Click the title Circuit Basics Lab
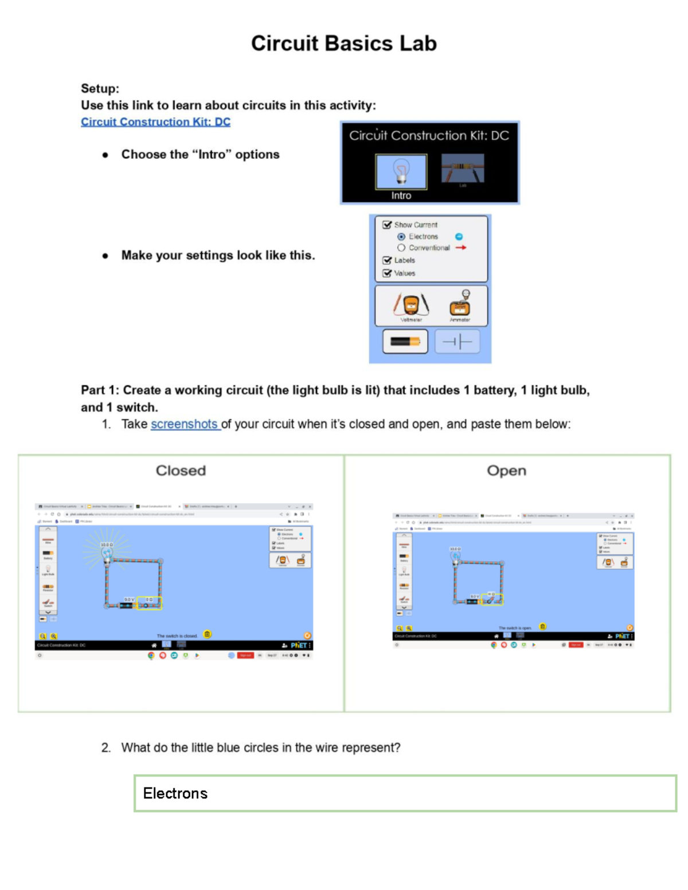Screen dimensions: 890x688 344,44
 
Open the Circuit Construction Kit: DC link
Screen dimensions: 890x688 155,122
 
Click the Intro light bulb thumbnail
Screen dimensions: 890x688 401,171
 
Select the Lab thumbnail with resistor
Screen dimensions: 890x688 463,168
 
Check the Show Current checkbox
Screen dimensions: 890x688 387,225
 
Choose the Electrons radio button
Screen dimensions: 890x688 401,237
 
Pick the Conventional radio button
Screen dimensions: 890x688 401,248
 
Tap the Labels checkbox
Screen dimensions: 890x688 387,260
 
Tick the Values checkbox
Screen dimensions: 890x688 387,273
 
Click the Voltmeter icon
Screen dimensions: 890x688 411,305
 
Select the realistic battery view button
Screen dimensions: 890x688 405,342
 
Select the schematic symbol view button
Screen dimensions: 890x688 457,342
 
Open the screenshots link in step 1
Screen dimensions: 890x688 185,424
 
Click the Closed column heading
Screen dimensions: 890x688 181,471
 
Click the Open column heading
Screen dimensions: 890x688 506,471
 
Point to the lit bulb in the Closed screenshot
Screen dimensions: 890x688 107,554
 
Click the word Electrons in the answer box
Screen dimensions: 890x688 175,793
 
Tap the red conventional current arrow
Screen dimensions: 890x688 461,248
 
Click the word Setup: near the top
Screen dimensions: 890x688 100,89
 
